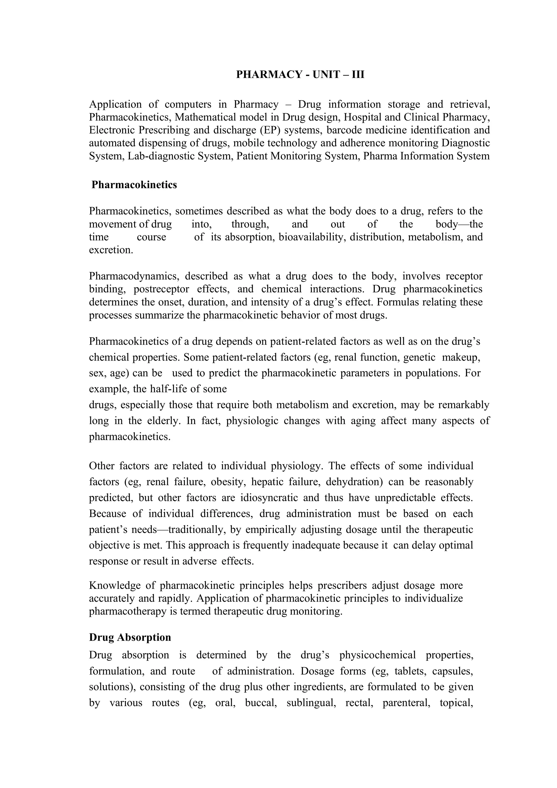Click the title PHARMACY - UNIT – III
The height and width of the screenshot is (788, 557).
click(300, 75)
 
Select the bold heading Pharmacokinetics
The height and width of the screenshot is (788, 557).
click(134, 185)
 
